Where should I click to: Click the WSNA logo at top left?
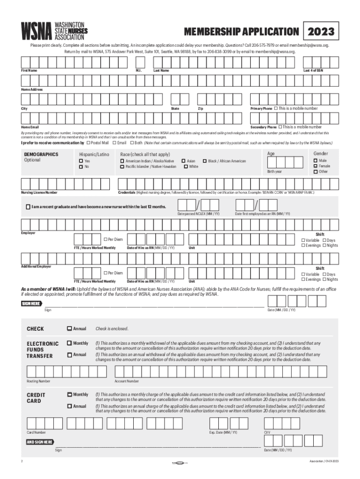(52, 30)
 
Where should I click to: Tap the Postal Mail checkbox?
(89, 143)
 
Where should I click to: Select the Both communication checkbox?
(132, 143)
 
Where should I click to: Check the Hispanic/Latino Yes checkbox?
(81, 161)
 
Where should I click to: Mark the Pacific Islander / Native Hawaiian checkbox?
(122, 167)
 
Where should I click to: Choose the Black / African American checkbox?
(204, 161)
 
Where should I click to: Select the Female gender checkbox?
(315, 166)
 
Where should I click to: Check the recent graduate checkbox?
(28, 206)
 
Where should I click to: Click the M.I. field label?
(138, 70)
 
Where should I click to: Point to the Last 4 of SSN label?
(313, 70)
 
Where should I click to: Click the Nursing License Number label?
(39, 192)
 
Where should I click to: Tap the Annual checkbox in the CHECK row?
(69, 328)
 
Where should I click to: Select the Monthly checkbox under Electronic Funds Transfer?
(69, 343)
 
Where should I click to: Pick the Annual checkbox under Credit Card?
(69, 406)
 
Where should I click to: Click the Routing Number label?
(38, 381)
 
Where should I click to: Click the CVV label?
(267, 433)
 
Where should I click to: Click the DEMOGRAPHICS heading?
(41, 154)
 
